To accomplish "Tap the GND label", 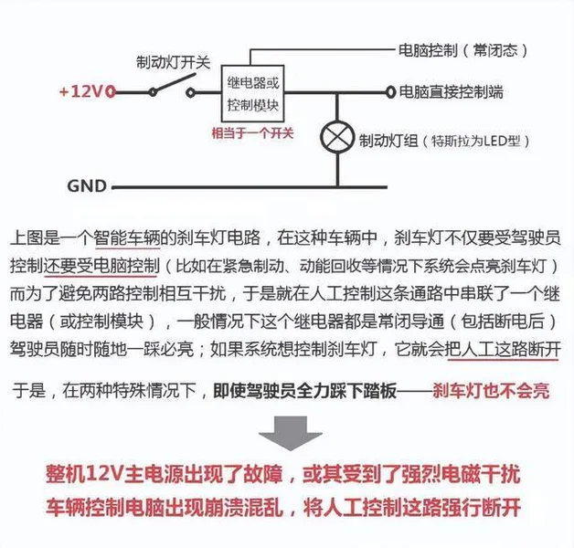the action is (87, 185).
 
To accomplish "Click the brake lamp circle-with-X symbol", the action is (337, 137).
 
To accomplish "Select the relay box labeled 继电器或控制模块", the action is (252, 94).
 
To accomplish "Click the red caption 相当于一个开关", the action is (252, 132).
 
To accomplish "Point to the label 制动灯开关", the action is (173, 62).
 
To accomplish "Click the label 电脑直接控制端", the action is (451, 92).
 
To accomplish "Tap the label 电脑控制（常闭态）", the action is (463, 50).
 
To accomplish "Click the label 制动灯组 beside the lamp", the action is (388, 141).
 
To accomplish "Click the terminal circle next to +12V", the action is (111, 92).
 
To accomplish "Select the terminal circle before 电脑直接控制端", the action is (390, 92).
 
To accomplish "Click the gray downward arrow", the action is (291, 433).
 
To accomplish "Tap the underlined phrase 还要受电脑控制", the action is (101, 266).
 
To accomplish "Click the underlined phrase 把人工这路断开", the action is (503, 350).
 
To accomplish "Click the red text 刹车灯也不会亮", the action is (491, 391).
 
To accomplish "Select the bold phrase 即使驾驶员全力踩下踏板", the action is (304, 391).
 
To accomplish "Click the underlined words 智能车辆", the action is (127, 237).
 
